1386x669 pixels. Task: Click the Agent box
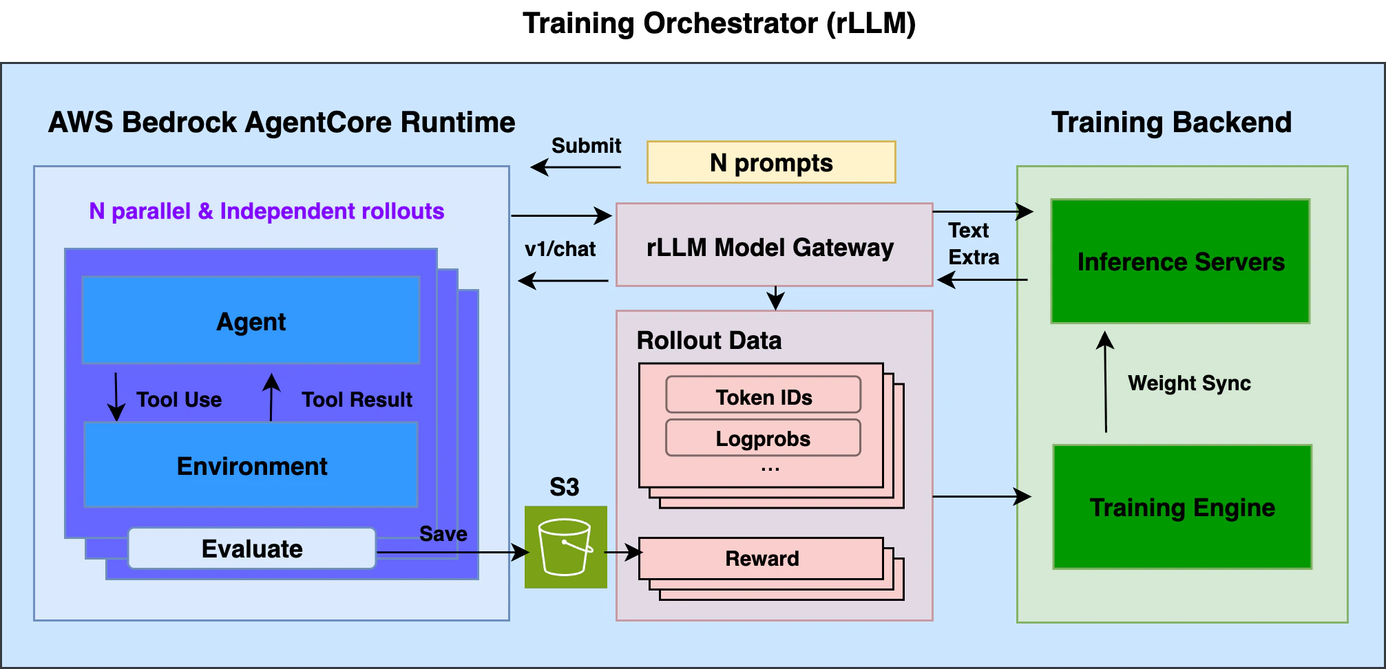pos(251,321)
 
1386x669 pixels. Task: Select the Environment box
pos(251,465)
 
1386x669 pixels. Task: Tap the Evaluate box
pos(252,549)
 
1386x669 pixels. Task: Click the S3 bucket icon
pos(565,547)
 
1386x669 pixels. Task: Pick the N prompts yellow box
pos(770,162)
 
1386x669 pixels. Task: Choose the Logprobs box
pos(763,438)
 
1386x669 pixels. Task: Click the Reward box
pos(761,558)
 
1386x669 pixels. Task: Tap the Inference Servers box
pos(1180,262)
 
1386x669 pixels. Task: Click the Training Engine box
pos(1182,507)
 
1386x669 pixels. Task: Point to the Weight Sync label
pos(1189,383)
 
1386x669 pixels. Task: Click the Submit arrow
pos(576,167)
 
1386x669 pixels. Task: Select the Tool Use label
pos(179,399)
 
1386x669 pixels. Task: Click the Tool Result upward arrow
pos(271,397)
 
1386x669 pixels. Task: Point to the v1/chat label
pos(560,249)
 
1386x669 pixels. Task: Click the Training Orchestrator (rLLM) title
pos(719,23)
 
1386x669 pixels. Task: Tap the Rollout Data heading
pos(708,340)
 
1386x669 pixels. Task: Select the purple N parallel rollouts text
pos(266,211)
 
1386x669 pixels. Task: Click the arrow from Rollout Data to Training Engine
pos(981,496)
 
